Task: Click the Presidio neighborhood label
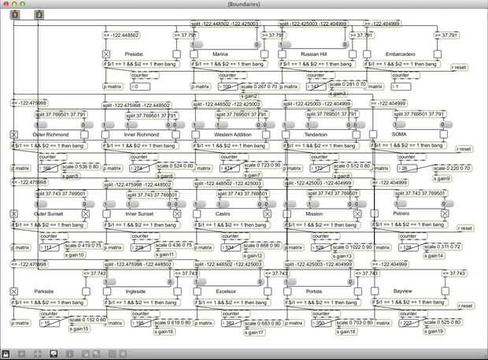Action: pos(134,54)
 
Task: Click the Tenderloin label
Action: pos(316,134)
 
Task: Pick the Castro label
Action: pos(223,213)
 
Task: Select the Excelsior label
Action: pos(227,291)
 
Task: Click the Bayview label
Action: pos(405,291)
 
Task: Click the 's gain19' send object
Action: pos(434,331)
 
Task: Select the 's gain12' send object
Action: pos(253,255)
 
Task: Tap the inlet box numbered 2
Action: pos(39,14)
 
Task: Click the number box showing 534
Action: pos(230,247)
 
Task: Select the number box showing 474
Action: pos(230,168)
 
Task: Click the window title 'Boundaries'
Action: pos(243,4)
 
